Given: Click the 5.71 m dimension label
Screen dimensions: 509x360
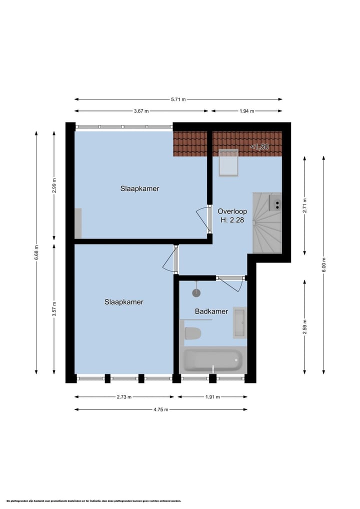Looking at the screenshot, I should point(178,99).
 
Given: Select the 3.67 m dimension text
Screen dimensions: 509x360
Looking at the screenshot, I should point(141,111).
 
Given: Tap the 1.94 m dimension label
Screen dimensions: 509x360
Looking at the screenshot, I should point(246,111).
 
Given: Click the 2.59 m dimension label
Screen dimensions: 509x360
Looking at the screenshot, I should point(305,326).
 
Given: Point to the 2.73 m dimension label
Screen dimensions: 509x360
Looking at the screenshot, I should point(124,397).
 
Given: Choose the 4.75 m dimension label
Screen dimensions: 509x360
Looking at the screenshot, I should point(160,409).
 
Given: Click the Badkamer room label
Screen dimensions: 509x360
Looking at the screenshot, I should point(211,311).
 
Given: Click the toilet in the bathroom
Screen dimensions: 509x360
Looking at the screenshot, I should point(192,332).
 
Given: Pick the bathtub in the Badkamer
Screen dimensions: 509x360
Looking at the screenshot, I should point(212,359).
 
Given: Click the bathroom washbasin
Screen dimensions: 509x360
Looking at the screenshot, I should point(239,323).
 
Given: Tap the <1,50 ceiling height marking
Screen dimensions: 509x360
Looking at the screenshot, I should point(259,147).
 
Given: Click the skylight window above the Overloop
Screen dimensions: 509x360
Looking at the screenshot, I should point(229,162).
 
